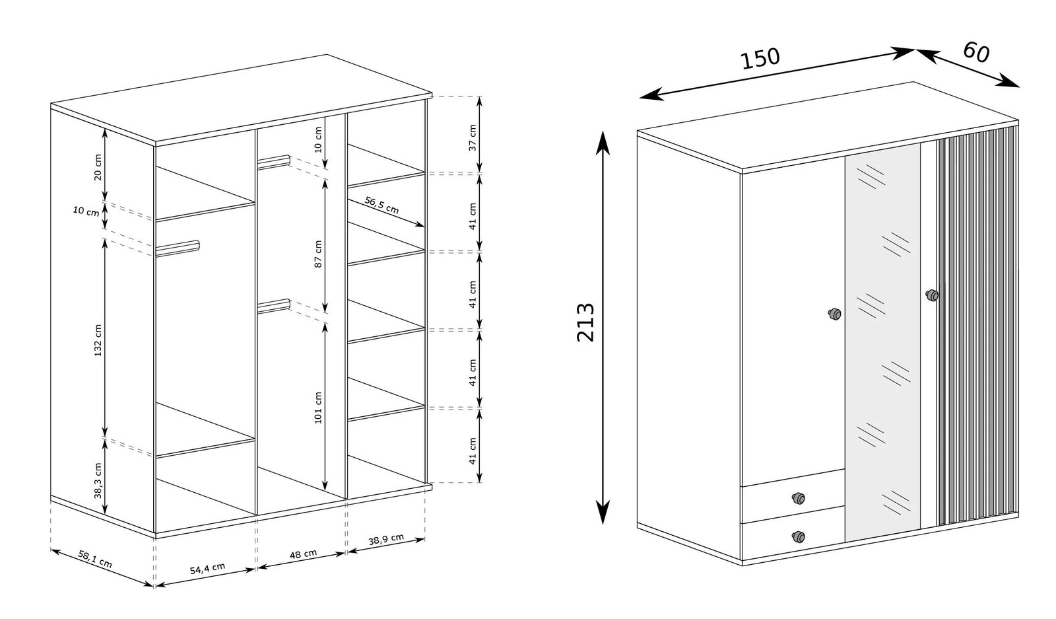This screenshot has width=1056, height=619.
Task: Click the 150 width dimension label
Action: (760, 58)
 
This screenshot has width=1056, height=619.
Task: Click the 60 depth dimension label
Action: (976, 52)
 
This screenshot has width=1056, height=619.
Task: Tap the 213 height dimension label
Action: (585, 322)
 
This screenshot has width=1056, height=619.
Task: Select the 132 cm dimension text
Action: (98, 340)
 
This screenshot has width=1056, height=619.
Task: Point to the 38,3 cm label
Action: (98, 480)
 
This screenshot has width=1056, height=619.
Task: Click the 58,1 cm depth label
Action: (95, 559)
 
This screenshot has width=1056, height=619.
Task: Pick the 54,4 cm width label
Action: (207, 569)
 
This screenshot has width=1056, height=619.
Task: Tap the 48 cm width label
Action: (303, 554)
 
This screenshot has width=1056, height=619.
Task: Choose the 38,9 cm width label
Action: (386, 539)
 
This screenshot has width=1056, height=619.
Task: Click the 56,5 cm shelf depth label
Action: (382, 205)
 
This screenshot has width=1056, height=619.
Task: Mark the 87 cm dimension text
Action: (318, 254)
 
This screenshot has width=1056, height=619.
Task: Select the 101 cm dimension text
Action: (318, 408)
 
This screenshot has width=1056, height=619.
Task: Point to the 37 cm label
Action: (473, 138)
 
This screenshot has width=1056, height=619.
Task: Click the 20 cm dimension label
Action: (98, 167)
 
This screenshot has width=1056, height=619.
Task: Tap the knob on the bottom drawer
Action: (798, 536)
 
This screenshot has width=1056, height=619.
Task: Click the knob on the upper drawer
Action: (798, 498)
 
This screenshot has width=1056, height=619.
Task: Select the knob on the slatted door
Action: (931, 295)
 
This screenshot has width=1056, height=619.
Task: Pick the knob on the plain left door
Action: (834, 314)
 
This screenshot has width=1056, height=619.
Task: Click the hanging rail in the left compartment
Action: (178, 248)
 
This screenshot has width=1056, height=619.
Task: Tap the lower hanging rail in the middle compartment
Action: (273, 306)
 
